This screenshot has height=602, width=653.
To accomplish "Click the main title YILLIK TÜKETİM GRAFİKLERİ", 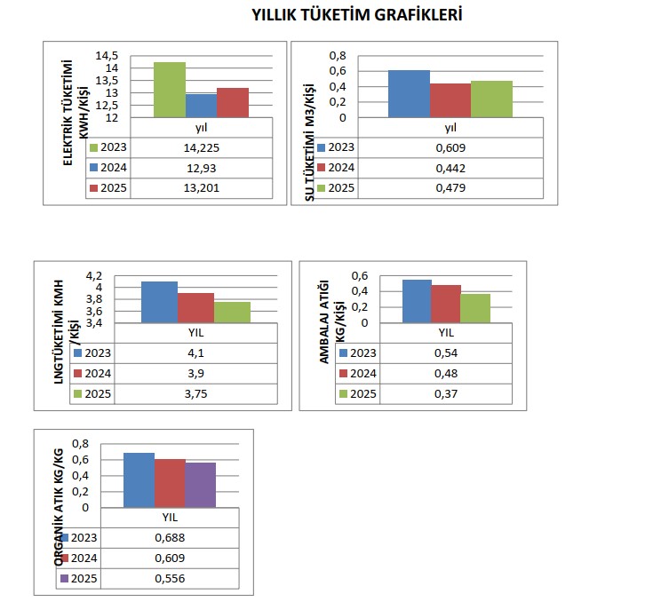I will click(x=356, y=15).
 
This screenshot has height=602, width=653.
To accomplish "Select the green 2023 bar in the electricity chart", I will click(x=169, y=90).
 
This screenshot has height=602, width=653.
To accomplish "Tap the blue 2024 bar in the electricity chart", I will click(x=201, y=106).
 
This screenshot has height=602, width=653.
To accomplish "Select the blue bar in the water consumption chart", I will click(x=409, y=93).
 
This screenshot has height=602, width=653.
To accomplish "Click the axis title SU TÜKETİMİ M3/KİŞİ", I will click(x=310, y=142).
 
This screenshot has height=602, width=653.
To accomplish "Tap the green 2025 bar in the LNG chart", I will click(x=232, y=312).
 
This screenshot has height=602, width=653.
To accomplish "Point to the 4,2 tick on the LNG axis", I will click(x=118, y=274).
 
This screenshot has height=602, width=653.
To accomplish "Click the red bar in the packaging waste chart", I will click(x=445, y=304).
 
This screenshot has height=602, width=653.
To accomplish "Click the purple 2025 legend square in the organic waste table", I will click(x=64, y=579).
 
